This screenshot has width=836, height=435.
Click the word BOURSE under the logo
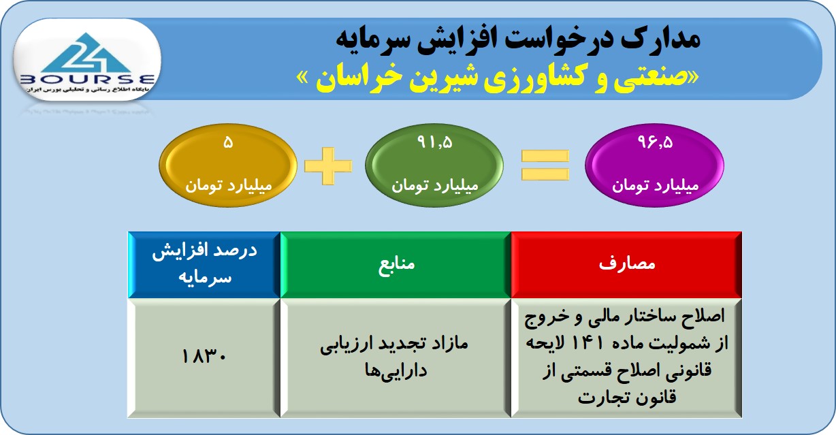coord(87,80)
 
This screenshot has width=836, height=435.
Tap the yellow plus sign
coord(328,165)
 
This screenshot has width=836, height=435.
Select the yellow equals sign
coord(545,165)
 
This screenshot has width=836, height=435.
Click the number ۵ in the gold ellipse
coord(228,142)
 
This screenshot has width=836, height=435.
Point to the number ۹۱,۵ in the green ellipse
coord(435,142)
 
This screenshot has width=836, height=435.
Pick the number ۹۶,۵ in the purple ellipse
coord(655,142)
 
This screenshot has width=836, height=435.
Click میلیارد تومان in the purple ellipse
coord(655,185)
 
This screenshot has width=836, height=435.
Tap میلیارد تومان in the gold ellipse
coord(229,185)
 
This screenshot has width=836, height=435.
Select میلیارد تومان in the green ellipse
coord(435,185)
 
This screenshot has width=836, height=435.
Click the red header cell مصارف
coord(626,265)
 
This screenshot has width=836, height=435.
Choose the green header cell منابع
coord(396,265)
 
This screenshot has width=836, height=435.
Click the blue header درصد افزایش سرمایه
coord(204,265)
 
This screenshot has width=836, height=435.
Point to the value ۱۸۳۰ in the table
coord(204,357)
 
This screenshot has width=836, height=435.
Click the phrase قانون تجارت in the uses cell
coord(627,398)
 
